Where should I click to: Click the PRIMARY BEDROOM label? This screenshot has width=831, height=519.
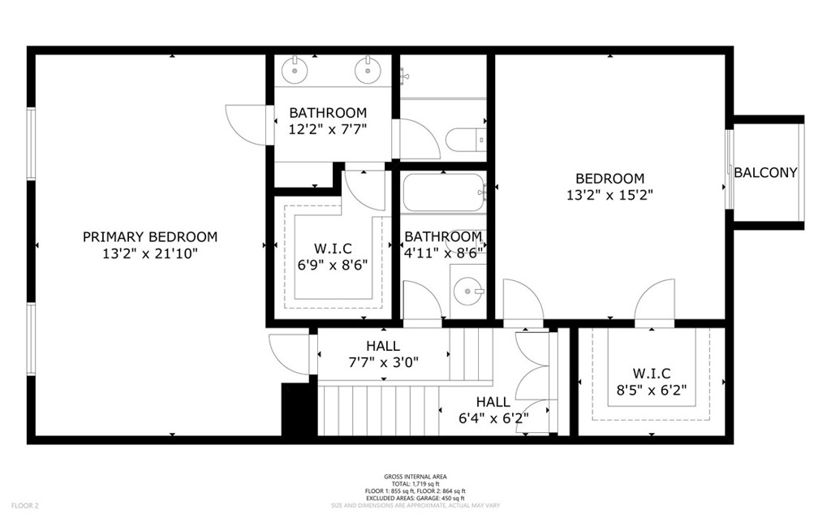point(150,236)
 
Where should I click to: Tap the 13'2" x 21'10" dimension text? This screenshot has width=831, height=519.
point(150,253)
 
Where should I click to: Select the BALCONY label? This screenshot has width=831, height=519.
point(765,172)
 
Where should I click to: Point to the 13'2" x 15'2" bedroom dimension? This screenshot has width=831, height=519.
point(609,195)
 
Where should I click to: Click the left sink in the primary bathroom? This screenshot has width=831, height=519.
point(294,70)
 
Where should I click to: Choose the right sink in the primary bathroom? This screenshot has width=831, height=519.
point(366,70)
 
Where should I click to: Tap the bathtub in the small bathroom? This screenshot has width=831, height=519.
point(444,193)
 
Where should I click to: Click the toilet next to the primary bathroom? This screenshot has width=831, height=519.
point(466,140)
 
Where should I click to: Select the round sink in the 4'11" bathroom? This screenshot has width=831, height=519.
point(467,291)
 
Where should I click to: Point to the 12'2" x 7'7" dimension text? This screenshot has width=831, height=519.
point(328,129)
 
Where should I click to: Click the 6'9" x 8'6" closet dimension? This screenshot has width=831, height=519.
point(332,265)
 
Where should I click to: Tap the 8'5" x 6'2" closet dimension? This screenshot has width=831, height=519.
point(652,390)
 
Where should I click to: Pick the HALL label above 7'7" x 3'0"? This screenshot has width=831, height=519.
point(383,346)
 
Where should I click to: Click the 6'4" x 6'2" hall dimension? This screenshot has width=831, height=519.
point(493,419)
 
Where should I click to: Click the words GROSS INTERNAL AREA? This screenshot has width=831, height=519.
point(415,477)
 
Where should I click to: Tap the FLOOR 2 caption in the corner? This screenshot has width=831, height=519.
point(25,506)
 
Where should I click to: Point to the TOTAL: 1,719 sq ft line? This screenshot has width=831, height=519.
point(415,484)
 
